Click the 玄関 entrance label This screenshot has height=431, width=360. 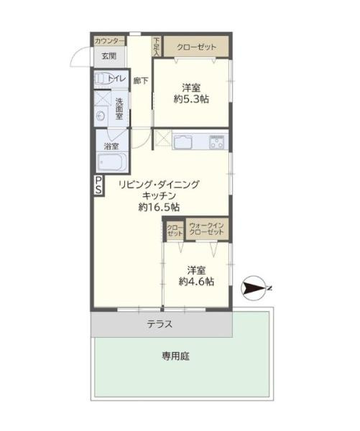(x=108, y=56)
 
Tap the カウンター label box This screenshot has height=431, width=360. (x=109, y=40)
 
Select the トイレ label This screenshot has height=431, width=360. (x=117, y=78)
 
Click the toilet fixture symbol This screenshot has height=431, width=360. (x=102, y=78)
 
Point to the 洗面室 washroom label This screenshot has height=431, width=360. (x=119, y=108)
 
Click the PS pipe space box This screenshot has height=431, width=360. (x=97, y=185)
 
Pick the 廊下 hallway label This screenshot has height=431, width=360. (x=141, y=80)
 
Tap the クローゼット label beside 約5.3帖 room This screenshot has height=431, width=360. (x=196, y=47)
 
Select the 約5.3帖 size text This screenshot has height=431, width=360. (x=191, y=99)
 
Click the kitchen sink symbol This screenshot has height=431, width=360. (x=183, y=140)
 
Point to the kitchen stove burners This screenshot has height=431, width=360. (x=216, y=142)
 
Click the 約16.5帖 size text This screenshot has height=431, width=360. (x=160, y=207)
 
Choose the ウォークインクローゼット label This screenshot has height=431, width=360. (x=207, y=231)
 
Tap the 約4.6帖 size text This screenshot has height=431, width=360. (x=196, y=282)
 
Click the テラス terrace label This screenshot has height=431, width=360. (x=160, y=324)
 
